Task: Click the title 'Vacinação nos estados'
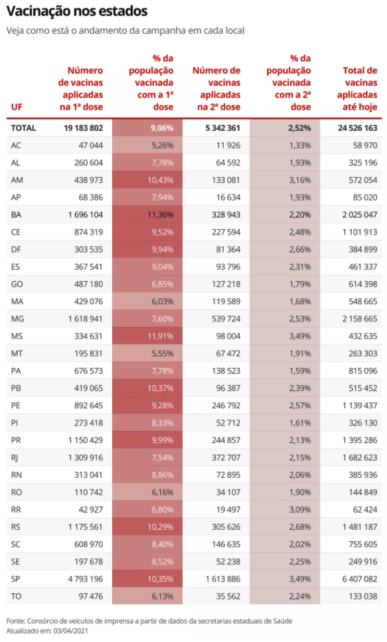(77, 12)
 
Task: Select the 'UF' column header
(17, 107)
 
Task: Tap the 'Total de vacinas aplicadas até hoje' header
(357, 88)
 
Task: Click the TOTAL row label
(24, 127)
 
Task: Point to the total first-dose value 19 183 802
(83, 127)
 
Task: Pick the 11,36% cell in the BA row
(160, 214)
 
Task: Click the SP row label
(15, 579)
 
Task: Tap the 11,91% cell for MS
(160, 336)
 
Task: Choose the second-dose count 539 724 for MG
(226, 319)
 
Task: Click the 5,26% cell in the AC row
(163, 145)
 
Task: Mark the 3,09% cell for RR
(300, 510)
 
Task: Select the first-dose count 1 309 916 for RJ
(86, 457)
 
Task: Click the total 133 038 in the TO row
(363, 597)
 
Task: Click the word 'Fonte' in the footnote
(15, 621)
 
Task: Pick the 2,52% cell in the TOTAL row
(300, 127)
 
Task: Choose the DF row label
(16, 250)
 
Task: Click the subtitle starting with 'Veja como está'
(125, 31)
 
